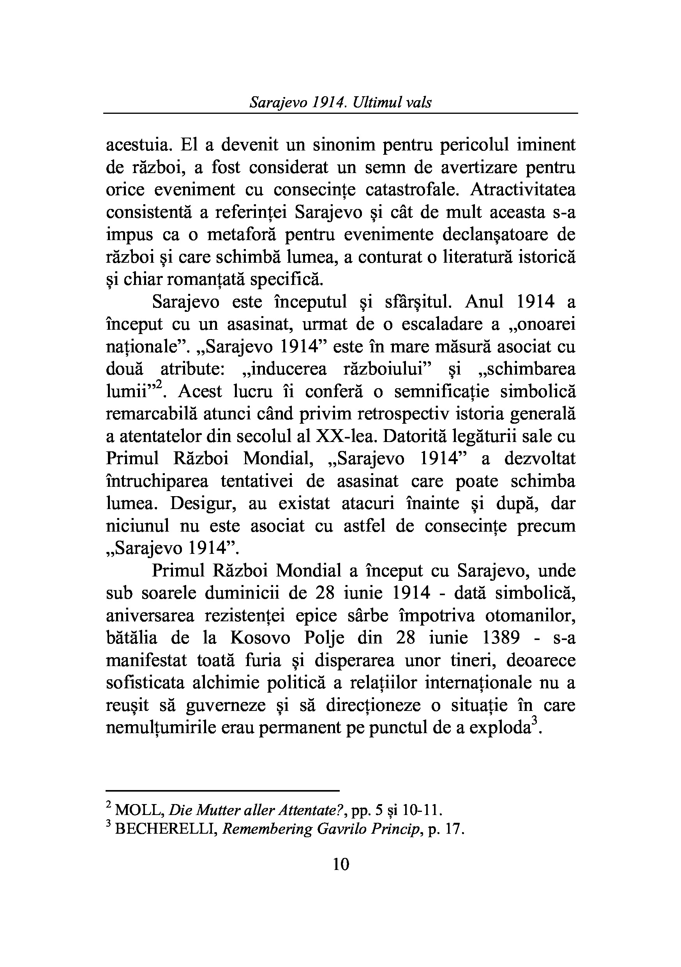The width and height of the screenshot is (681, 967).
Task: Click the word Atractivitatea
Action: coord(522,190)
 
